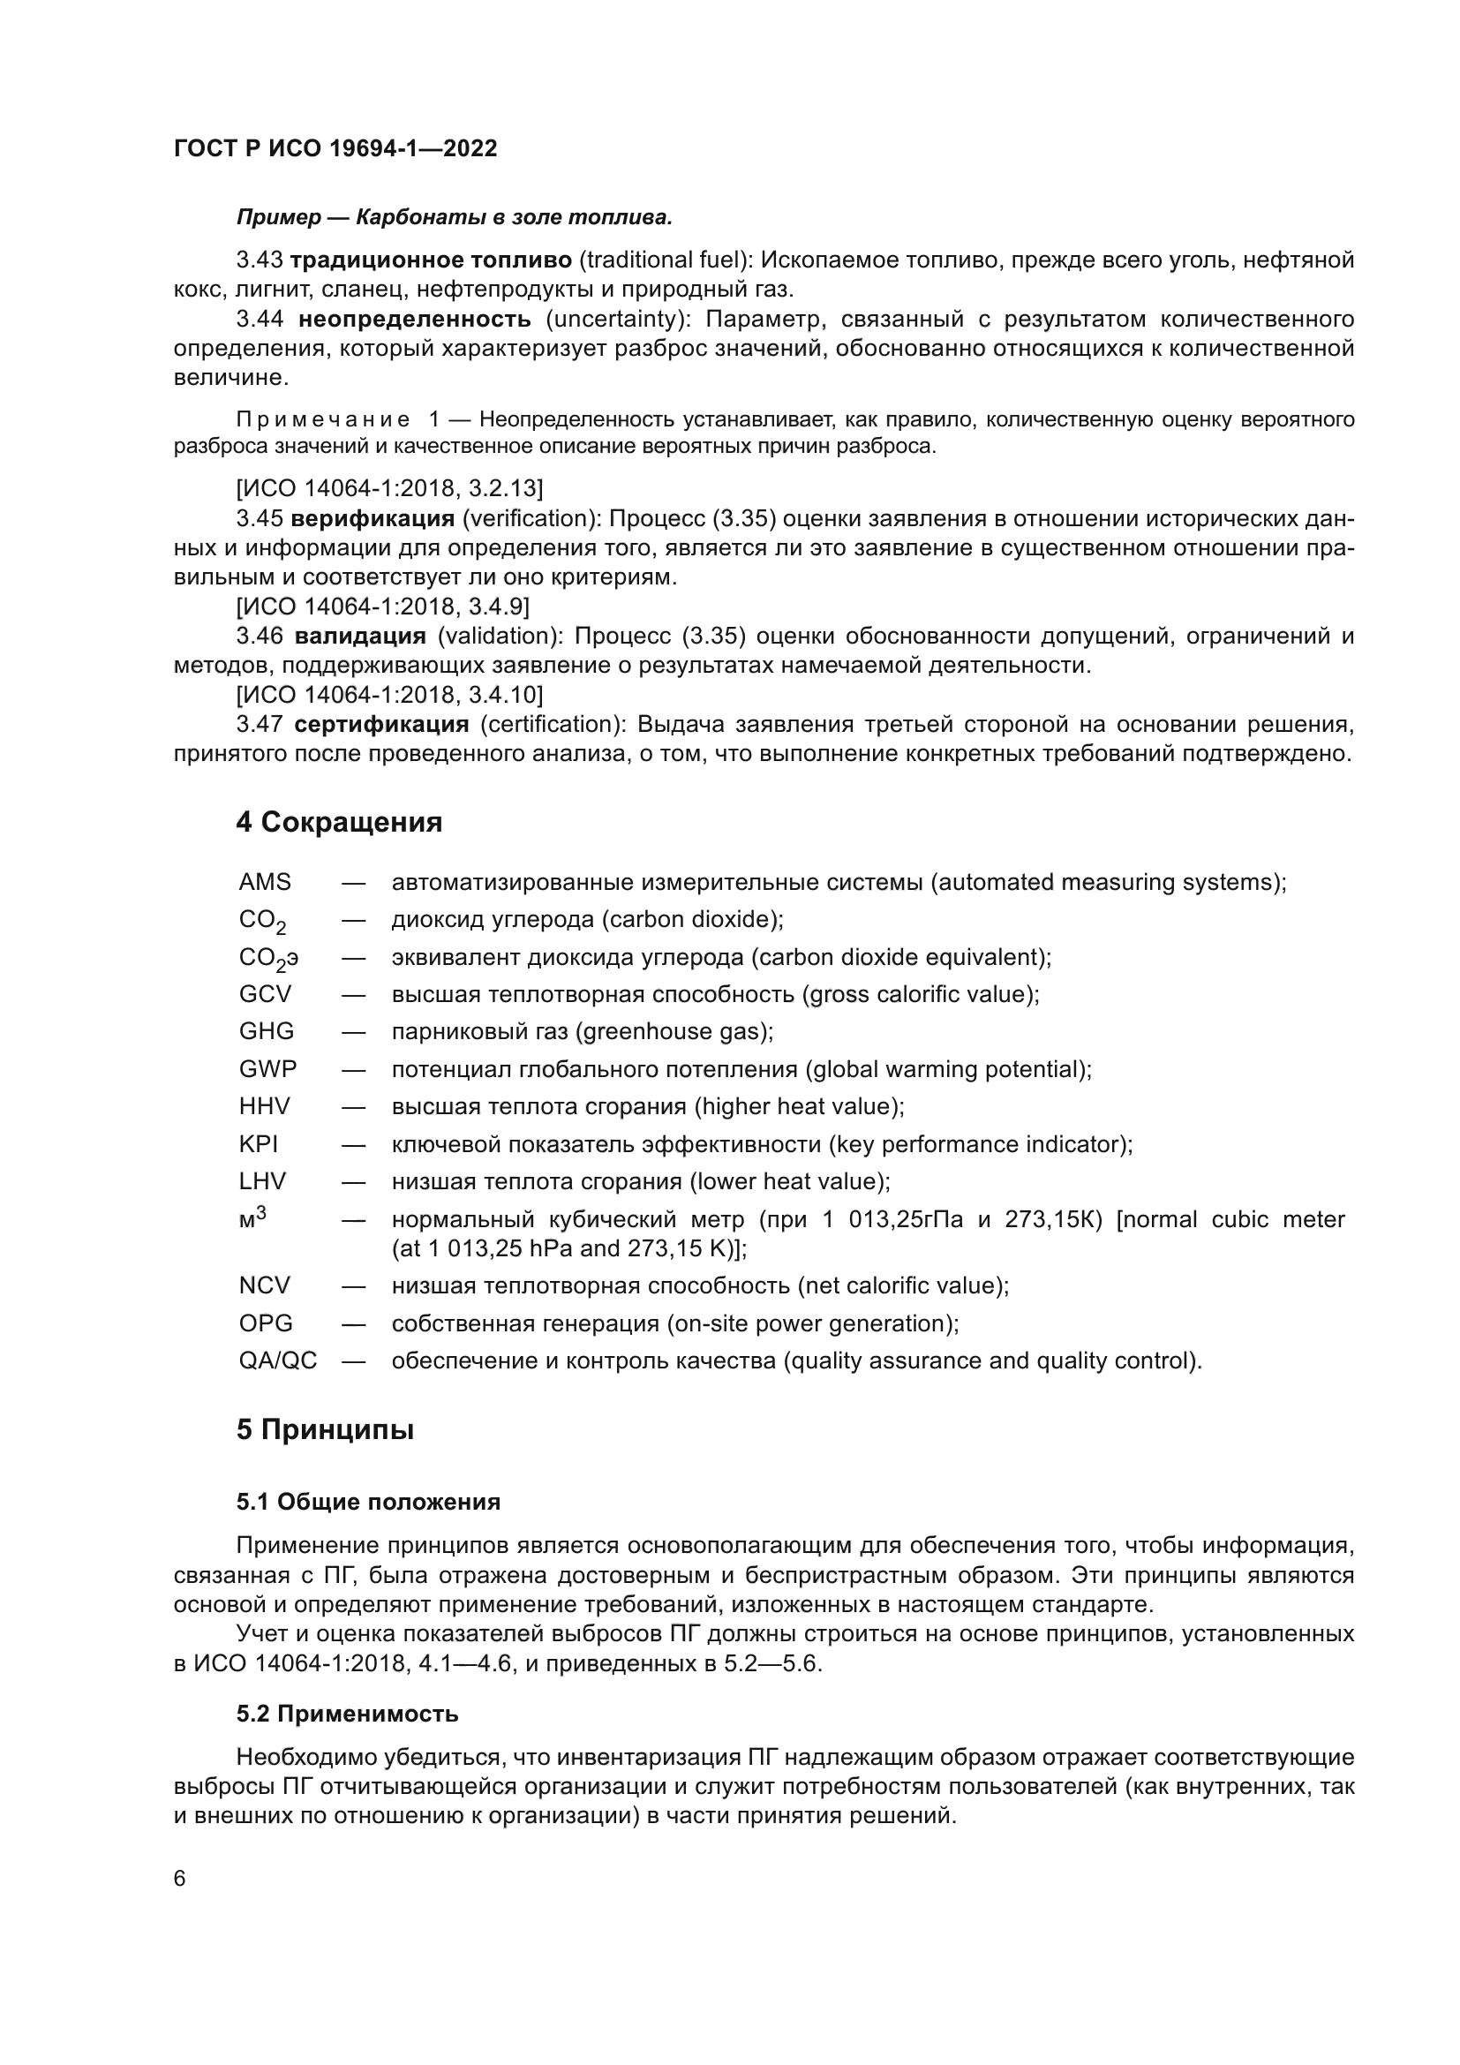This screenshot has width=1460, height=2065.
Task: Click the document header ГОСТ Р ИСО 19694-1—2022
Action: (x=335, y=149)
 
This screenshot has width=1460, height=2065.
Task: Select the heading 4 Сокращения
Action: (x=339, y=822)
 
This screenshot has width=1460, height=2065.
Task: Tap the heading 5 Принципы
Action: (x=325, y=1429)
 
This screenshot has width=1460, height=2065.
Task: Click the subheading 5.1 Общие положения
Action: (x=369, y=1502)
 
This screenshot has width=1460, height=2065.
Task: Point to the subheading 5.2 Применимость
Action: (x=347, y=1715)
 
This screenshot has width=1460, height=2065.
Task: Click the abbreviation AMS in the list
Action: (x=265, y=882)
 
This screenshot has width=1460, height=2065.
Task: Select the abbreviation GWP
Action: (x=268, y=1069)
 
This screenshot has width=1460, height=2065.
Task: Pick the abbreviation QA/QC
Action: (x=278, y=1360)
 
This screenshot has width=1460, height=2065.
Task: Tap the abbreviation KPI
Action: (x=259, y=1144)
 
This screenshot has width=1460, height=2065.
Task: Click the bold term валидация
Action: (x=359, y=637)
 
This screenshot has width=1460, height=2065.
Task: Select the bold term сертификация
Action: (x=381, y=724)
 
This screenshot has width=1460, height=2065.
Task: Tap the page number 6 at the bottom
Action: (x=180, y=1879)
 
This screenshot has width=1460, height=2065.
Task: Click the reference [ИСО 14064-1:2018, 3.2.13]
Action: (x=389, y=488)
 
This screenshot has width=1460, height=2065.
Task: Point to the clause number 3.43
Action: (x=260, y=260)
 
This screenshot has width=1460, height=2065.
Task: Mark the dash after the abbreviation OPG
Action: (x=353, y=1323)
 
